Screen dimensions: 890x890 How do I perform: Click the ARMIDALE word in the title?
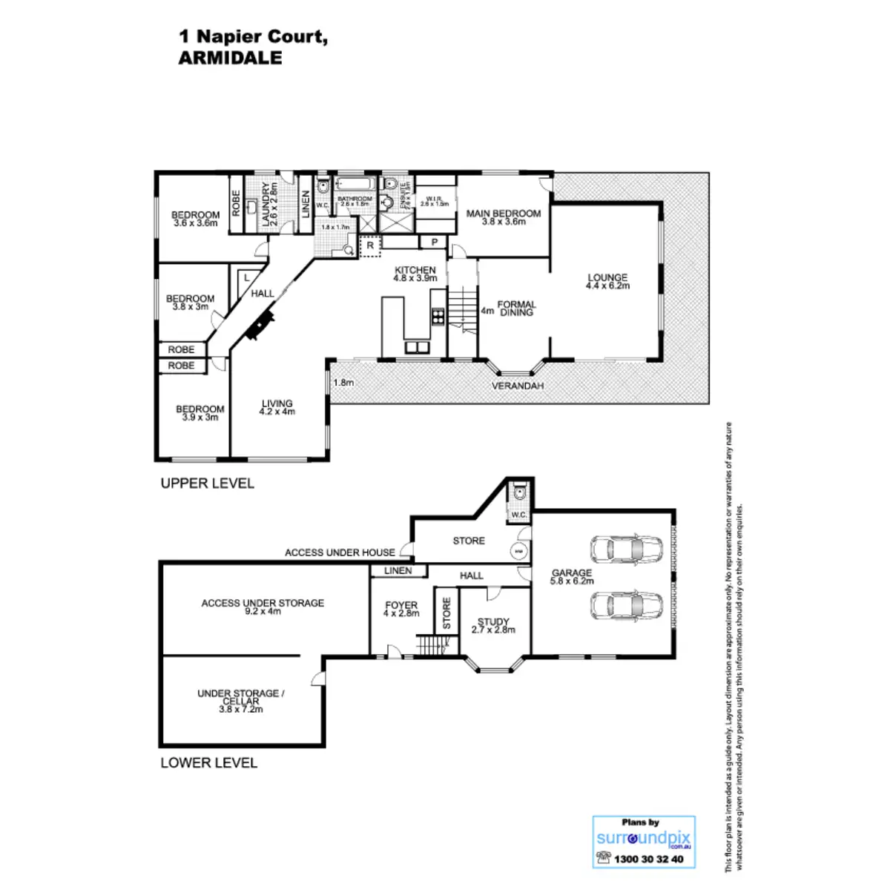pyautogui.click(x=231, y=59)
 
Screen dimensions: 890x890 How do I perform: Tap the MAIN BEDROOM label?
pyautogui.click(x=504, y=214)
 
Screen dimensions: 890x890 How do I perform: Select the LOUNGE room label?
pyautogui.click(x=607, y=278)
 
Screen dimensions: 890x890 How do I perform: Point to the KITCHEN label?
pyautogui.click(x=415, y=270)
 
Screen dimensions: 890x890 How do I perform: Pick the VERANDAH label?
pyautogui.click(x=518, y=386)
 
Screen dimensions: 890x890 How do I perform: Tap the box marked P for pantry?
pyautogui.click(x=432, y=242)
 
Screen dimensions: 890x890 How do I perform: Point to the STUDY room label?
pyautogui.click(x=493, y=622)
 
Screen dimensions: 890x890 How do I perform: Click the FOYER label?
pyautogui.click(x=401, y=606)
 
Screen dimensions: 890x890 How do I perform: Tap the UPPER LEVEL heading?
pyautogui.click(x=207, y=484)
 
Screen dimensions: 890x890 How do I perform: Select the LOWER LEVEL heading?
pyautogui.click(x=208, y=762)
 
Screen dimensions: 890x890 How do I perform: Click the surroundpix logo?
pyautogui.click(x=644, y=839)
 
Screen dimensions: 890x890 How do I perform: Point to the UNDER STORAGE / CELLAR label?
pyautogui.click(x=240, y=697)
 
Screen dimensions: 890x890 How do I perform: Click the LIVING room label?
pyautogui.click(x=277, y=404)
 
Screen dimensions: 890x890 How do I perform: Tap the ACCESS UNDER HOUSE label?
pyautogui.click(x=340, y=553)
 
